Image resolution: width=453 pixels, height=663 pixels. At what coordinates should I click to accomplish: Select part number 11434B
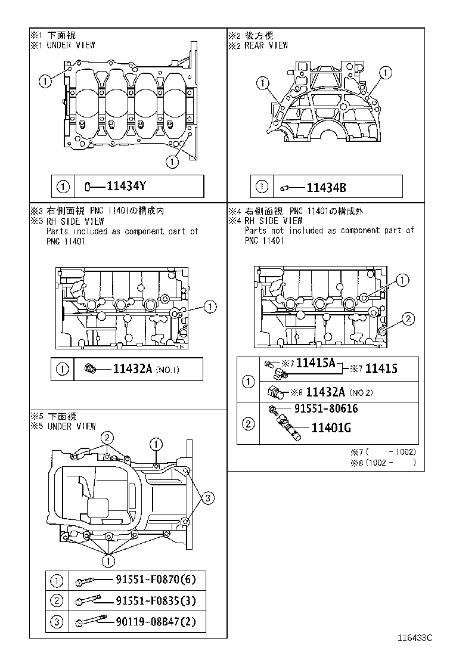(326, 187)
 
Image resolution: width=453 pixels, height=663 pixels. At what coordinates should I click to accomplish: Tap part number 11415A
(316, 363)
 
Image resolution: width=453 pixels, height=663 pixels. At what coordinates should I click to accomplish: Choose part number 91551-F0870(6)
(156, 580)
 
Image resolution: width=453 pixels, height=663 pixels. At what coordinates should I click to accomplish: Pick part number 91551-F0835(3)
(156, 600)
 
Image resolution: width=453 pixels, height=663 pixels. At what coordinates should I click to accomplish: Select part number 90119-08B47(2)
(156, 622)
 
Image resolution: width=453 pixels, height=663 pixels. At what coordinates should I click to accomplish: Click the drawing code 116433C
(415, 638)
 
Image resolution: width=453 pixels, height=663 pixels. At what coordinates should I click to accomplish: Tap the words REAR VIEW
(266, 45)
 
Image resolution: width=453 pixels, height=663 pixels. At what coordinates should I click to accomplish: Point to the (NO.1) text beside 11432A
(167, 370)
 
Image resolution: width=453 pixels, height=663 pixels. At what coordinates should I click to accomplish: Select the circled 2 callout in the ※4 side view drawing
(407, 319)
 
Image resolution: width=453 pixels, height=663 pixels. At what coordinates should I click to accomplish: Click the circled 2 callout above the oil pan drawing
(107, 437)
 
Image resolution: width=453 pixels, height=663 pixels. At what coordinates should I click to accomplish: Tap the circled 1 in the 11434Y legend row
(63, 187)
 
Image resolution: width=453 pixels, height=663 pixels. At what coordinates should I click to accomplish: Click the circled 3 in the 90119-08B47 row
(57, 622)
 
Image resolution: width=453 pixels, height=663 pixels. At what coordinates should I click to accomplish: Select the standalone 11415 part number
(381, 369)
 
